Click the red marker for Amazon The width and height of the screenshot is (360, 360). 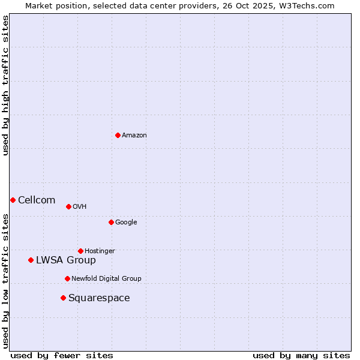pos(118,135)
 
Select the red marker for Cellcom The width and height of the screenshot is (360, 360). pos(13,200)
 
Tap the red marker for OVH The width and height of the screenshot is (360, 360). pos(68,206)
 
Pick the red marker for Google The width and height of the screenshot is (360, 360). pos(111,222)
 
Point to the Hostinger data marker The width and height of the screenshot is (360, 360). pos(80,251)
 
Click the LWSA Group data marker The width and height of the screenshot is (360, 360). pos(31,260)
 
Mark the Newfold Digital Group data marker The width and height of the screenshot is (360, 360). pos(67,278)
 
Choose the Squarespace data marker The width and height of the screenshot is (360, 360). pos(63,298)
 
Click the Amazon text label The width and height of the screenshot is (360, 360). pos(134,135)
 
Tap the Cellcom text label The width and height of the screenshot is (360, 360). pos(37,200)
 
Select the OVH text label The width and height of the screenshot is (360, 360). pos(80,206)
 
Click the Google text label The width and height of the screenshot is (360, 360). pos(126,222)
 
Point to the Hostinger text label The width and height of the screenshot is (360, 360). pos(100,251)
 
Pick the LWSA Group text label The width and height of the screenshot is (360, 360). pos(66,260)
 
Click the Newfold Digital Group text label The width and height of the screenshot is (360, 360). pos(106,278)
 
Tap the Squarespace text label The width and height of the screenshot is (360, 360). pos(99,298)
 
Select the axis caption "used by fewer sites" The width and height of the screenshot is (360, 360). pos(62,355)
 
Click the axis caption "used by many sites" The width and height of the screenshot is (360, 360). pos(301,355)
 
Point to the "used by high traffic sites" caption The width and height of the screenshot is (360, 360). pos(5,85)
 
